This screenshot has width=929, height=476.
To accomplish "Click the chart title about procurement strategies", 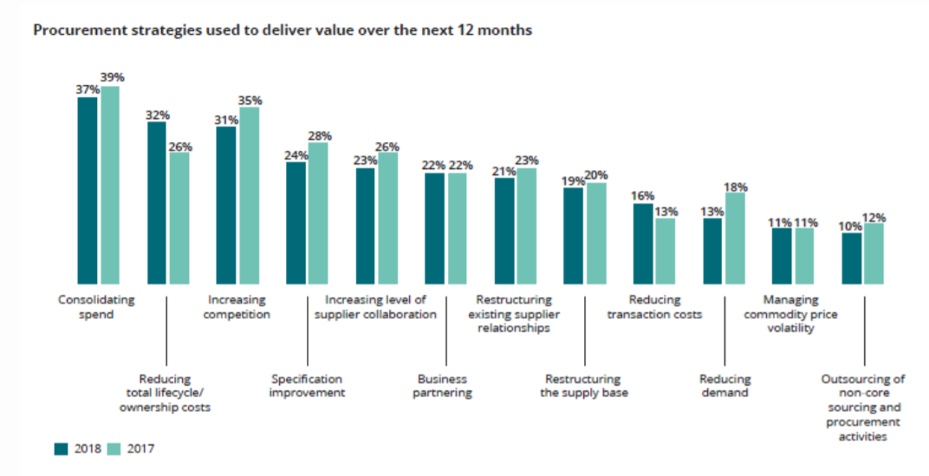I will (x=283, y=30).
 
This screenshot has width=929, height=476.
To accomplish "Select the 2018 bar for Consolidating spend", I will (x=88, y=191).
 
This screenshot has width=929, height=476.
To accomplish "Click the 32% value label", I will (x=158, y=114).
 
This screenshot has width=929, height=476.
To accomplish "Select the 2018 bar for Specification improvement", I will (x=296, y=223).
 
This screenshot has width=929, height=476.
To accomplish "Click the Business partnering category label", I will (x=443, y=386).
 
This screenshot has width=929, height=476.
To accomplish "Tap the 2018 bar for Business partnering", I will (x=435, y=228).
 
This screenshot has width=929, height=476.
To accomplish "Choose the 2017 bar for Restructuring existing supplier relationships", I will (x=527, y=225).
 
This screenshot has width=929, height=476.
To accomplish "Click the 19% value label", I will (x=574, y=181).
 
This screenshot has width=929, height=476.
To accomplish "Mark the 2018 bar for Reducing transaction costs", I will (x=643, y=244).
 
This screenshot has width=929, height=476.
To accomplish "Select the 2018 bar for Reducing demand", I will (x=712, y=251).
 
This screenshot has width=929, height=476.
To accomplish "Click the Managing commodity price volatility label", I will (x=790, y=315).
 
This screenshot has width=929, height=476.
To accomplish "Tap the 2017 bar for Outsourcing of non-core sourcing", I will (x=874, y=253).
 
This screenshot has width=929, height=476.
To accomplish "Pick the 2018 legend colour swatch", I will (x=61, y=448).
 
